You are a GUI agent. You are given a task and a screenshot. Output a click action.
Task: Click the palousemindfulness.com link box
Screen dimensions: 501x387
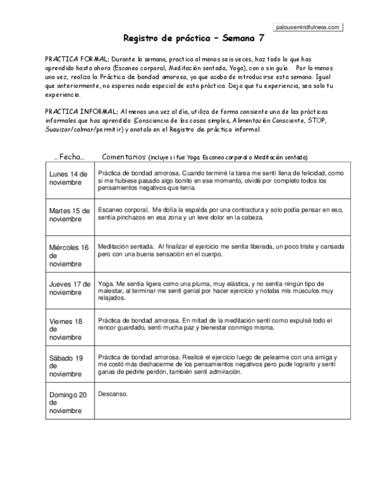coord(308,27)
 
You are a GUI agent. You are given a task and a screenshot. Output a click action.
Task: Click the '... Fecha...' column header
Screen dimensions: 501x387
coord(69,157)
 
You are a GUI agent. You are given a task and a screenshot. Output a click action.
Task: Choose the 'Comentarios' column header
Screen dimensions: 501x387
coord(123,157)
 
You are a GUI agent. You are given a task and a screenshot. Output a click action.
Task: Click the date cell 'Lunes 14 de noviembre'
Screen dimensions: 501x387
coord(69,178)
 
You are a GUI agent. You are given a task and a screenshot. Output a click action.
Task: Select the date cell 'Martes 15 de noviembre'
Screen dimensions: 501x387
coord(69,214)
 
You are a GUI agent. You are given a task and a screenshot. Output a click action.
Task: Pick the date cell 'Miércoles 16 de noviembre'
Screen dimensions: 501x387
coord(69,255)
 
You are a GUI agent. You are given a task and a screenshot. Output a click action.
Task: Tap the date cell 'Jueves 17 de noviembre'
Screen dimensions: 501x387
coord(69,288)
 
